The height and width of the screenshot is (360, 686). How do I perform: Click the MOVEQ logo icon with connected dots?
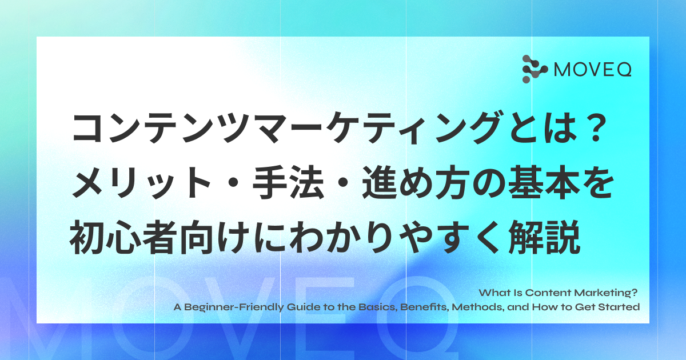[535, 69]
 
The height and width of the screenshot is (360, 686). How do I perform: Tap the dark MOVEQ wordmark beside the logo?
[593, 70]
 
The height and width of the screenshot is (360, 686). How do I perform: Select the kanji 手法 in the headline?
[288, 182]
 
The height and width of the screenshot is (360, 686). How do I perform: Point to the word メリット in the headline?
[141, 182]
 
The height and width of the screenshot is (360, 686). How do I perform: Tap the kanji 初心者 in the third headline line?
[123, 237]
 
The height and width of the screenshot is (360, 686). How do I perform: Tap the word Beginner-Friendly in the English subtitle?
[234, 307]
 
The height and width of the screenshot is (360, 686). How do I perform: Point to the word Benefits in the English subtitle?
[424, 307]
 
